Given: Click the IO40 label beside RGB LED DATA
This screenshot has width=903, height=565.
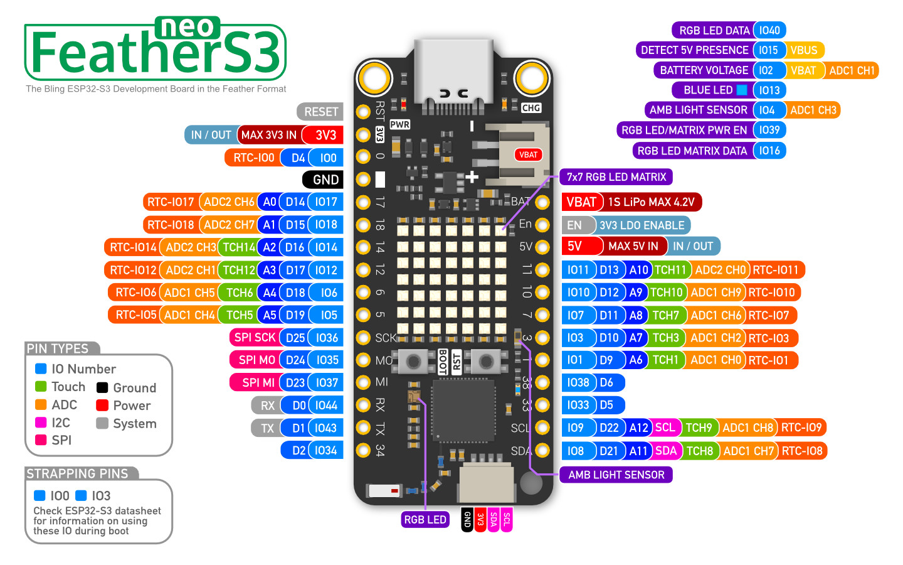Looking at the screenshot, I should click(769, 30).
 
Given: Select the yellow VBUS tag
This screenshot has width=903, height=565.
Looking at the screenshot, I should click(804, 50).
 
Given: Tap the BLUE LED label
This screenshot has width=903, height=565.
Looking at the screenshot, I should click(708, 90).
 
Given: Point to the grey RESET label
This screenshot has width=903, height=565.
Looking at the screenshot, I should click(321, 112).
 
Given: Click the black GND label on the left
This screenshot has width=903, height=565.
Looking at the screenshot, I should click(325, 180).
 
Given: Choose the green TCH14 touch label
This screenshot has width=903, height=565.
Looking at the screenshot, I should click(239, 247).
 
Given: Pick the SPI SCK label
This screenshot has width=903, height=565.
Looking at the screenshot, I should click(255, 338).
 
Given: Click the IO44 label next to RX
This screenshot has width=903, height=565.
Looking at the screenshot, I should click(326, 406).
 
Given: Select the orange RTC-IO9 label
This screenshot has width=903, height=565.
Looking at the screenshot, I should click(801, 428).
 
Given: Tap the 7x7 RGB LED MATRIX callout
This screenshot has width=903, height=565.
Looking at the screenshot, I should click(616, 177).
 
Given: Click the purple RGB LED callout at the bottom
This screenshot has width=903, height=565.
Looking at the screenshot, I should click(425, 520).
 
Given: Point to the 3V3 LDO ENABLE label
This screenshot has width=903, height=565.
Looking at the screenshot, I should click(642, 225).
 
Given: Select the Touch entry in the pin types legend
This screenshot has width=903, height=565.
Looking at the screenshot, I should click(68, 387).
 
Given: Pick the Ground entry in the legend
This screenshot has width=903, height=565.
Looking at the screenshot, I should click(134, 388).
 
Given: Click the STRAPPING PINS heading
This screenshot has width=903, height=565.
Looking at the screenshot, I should click(77, 474).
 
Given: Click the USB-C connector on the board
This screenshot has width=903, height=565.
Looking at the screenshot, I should click(453, 72).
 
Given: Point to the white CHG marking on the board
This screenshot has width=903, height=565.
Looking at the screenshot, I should click(531, 108).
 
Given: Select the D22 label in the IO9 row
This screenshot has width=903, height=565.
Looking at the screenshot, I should click(609, 428).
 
